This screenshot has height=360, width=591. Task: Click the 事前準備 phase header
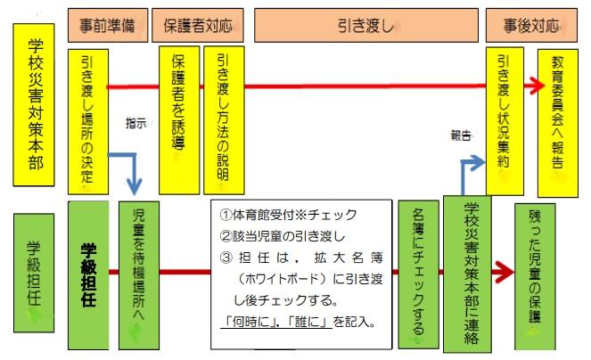106,26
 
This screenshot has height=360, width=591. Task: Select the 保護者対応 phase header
197,26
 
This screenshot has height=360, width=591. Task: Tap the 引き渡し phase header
365,26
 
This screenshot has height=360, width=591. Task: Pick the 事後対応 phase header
534,26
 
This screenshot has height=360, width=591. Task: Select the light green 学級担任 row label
33,271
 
